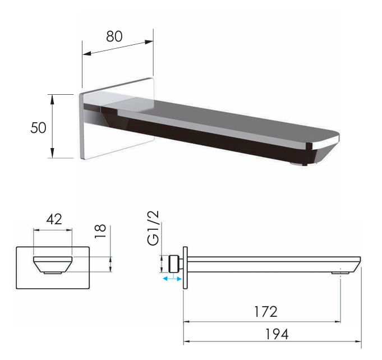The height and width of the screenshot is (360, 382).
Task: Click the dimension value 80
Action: (x=114, y=36)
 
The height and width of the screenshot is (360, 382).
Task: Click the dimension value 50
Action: (x=38, y=127)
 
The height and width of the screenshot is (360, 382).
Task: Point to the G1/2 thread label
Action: (x=153, y=229)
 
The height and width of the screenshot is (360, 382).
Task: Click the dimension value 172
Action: (x=265, y=311)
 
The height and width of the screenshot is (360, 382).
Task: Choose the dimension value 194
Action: (x=277, y=334)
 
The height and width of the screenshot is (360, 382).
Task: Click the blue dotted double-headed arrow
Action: (x=172, y=278)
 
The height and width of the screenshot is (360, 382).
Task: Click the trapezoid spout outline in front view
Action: (x=53, y=265)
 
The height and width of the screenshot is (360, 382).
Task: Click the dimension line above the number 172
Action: (x=261, y=321)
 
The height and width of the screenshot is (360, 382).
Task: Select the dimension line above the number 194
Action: (x=272, y=341)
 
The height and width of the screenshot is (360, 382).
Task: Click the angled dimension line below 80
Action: (x=118, y=47)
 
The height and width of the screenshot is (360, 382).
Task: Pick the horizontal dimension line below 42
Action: (x=53, y=229)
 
